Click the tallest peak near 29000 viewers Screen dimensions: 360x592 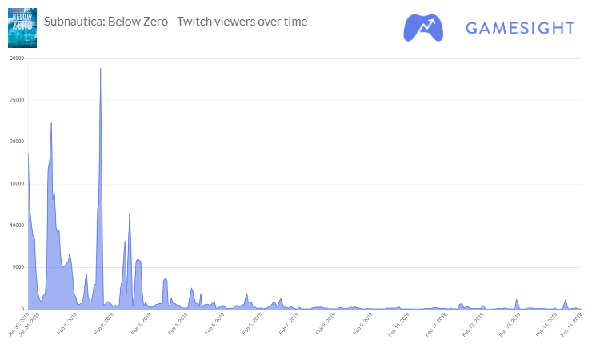point(100,69)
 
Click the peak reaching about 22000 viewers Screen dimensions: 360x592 point(51,123)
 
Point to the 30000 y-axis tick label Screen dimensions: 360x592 point(16,58)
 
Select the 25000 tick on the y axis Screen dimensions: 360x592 point(16,100)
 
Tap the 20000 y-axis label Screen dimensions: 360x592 point(16,142)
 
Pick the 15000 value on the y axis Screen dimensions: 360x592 point(16,183)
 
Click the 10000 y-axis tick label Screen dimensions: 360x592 point(16,226)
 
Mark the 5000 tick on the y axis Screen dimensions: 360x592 point(18,267)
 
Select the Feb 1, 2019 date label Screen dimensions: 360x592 point(68,324)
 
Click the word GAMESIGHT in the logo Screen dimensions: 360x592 point(520,28)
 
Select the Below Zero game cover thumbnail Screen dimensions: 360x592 point(22,28)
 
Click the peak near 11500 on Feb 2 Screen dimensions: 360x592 point(130,214)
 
